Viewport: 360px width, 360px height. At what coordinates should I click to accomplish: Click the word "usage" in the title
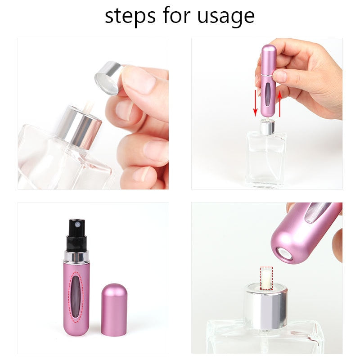click(227, 17)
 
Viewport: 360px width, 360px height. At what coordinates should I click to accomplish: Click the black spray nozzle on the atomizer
click(77, 234)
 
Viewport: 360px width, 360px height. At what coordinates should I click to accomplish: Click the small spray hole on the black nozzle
click(78, 223)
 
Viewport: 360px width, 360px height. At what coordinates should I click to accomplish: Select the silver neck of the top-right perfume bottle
click(267, 127)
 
